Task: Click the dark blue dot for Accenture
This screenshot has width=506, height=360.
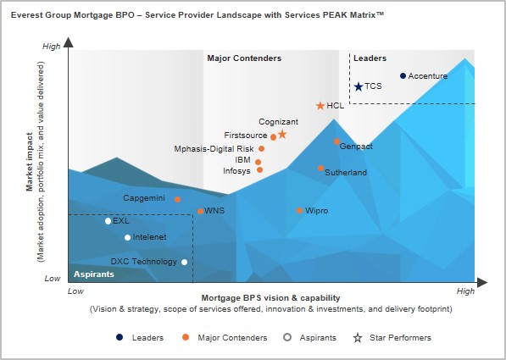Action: click(403, 75)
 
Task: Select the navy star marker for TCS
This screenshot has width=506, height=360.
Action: click(359, 86)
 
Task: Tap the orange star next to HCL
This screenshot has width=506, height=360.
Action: click(320, 106)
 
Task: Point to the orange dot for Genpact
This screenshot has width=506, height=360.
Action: click(336, 141)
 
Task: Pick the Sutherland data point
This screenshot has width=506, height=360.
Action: click(320, 168)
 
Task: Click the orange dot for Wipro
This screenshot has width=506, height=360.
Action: click(299, 211)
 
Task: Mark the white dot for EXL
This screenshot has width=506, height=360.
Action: click(108, 221)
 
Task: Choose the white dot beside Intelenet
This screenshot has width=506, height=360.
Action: click(127, 238)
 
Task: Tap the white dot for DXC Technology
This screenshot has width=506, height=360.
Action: click(184, 262)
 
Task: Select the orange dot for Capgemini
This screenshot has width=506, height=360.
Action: click(177, 199)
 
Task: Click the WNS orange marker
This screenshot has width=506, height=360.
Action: click(200, 211)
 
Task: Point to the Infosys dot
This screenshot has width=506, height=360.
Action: click(259, 169)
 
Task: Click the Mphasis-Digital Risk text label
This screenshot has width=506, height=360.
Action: click(214, 149)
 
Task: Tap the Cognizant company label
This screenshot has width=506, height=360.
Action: click(279, 122)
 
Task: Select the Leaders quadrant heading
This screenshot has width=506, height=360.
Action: click(370, 58)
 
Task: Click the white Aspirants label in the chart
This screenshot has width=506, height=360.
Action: click(94, 274)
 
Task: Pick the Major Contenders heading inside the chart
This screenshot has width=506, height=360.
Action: click(244, 58)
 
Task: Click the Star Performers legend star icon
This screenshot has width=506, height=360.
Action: click(358, 338)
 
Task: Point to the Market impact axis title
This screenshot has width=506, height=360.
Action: click(30, 162)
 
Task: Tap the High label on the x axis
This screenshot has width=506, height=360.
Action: click(465, 291)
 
